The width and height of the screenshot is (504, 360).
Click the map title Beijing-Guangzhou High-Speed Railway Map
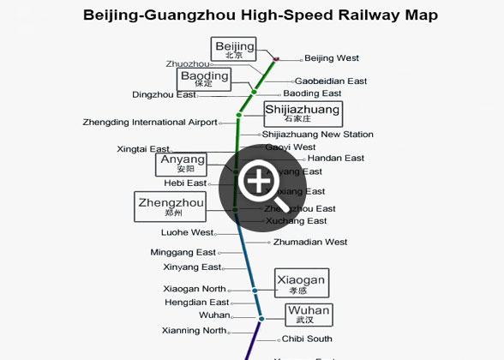click(260, 15)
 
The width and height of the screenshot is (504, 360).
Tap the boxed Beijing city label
click(234, 50)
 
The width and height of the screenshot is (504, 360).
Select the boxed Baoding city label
click(204, 80)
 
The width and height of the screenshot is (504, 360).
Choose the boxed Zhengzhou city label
click(171, 207)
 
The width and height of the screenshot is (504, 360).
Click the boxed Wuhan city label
click(308, 315)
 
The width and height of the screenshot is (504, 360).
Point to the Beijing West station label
click(332, 58)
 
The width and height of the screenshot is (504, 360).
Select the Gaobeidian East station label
click(330, 81)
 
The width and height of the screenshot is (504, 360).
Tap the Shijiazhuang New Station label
click(317, 135)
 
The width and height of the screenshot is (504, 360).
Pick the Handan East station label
click(335, 159)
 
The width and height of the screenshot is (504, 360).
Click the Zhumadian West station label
click(310, 243)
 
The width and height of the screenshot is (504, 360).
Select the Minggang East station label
click(183, 253)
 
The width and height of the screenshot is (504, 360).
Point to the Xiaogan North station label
click(195, 289)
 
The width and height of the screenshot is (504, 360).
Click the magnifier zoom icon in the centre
click(258, 182)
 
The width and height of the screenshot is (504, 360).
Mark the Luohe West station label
click(187, 232)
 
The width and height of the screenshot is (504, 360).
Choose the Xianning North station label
click(194, 331)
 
